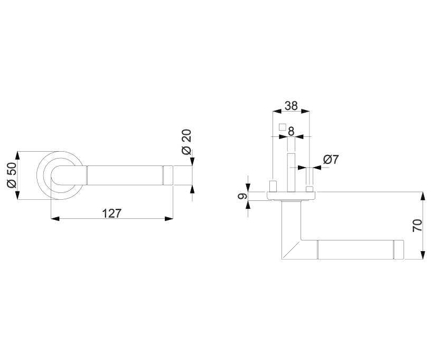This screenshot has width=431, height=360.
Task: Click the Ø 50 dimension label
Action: [12, 175]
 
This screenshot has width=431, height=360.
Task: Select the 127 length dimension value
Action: [111, 213]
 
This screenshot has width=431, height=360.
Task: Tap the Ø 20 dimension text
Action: [186, 142]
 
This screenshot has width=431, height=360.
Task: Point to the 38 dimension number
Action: [291, 106]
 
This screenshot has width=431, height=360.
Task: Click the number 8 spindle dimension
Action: [291, 131]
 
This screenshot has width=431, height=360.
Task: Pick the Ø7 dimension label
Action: [331, 160]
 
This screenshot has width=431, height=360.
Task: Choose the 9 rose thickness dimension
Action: [242, 196]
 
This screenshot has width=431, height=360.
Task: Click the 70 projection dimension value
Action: [417, 226]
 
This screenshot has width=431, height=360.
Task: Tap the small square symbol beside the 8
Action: [282, 127]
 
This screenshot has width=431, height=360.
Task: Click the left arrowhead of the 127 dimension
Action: [55, 219]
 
